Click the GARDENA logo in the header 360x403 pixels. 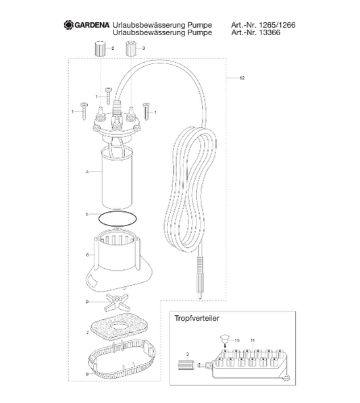(x=87, y=25)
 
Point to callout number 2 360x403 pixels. (x=113, y=49)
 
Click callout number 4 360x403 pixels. (x=88, y=172)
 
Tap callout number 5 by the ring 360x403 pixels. (x=87, y=215)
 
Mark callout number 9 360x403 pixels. (x=87, y=300)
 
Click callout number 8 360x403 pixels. (x=87, y=373)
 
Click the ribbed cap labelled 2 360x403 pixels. (x=100, y=48)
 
